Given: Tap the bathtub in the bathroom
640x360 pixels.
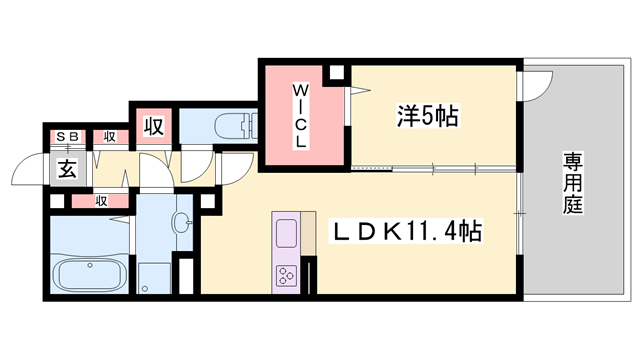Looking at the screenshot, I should [x=88, y=273].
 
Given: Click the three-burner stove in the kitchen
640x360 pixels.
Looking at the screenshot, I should [x=287, y=274].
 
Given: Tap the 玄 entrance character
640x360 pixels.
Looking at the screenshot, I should [x=66, y=168].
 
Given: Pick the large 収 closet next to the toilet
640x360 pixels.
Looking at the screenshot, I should [x=153, y=127].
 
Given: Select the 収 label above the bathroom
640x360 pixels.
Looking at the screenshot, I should [x=101, y=200].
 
